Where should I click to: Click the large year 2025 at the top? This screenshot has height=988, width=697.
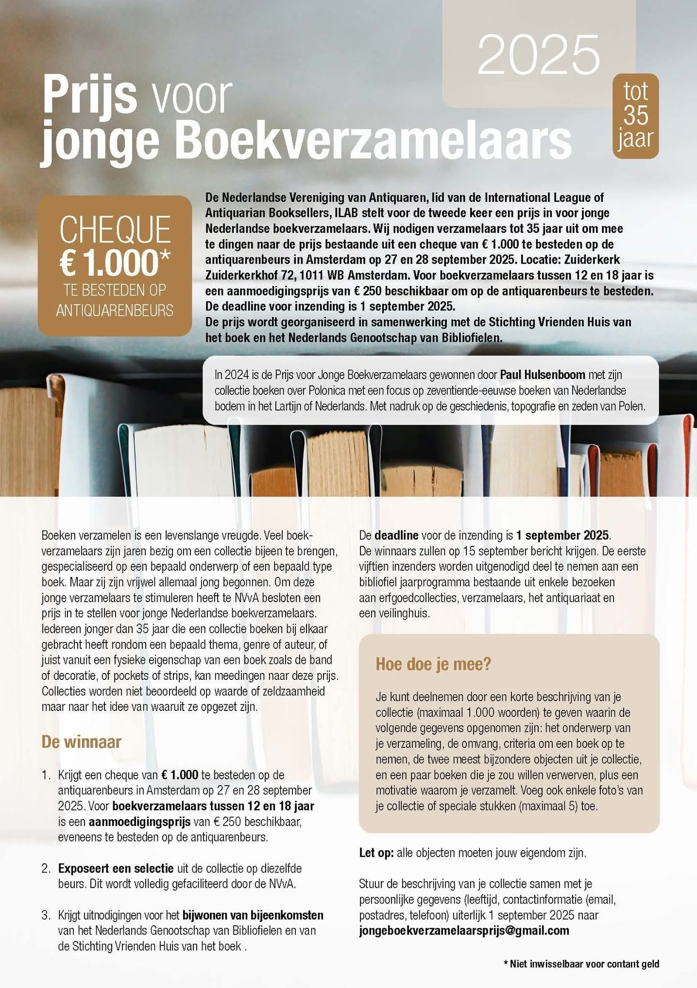539,55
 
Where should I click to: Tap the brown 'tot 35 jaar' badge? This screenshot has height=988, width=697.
635,115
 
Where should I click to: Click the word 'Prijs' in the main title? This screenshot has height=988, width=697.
89,96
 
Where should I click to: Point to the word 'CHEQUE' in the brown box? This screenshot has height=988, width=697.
115,230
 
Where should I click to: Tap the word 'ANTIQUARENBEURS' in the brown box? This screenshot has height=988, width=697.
115,311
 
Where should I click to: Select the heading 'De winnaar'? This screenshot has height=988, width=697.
81,742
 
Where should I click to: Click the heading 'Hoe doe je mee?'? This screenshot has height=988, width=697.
433,664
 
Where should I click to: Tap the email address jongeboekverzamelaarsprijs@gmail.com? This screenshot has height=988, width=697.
464,930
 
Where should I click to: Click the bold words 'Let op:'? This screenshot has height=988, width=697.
376,853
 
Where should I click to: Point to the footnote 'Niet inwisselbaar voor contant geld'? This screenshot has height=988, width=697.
584,964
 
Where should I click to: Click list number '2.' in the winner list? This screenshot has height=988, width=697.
46,868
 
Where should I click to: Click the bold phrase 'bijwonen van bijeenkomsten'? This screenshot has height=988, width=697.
253,915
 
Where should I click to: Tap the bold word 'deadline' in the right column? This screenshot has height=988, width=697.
396,535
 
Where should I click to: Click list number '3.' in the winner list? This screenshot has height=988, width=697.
46,915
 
